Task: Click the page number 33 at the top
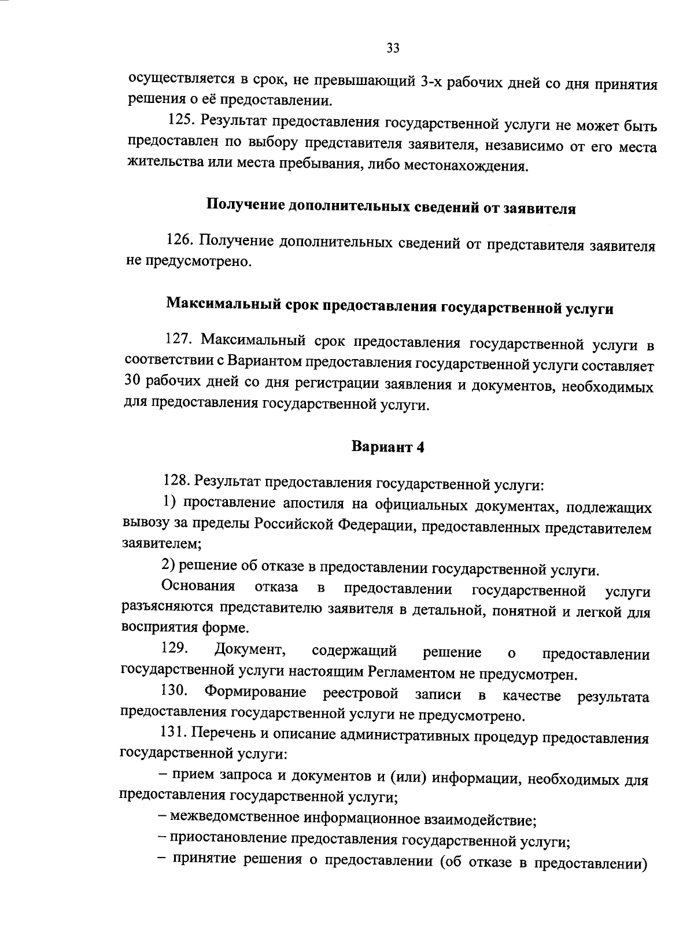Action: coord(393,49)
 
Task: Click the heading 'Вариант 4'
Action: coord(388,447)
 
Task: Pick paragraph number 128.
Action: coord(175,481)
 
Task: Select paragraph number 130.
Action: coord(173,691)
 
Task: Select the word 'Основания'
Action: coord(198,587)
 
